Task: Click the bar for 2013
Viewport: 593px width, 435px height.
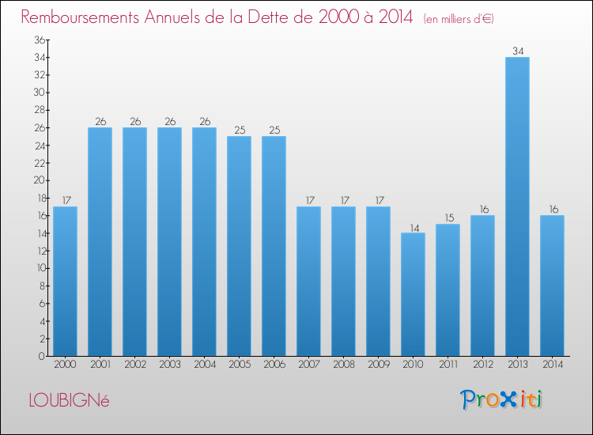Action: click(517, 206)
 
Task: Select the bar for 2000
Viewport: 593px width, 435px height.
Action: click(65, 281)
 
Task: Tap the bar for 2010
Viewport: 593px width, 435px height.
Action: click(413, 294)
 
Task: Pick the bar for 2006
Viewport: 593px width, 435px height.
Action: click(274, 246)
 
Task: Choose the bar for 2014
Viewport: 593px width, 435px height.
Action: click(552, 286)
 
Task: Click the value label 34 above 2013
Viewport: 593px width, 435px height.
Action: click(517, 51)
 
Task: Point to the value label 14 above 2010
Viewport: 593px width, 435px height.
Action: click(413, 227)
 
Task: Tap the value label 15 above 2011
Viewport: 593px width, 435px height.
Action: click(448, 218)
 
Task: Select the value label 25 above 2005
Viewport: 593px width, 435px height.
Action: click(239, 130)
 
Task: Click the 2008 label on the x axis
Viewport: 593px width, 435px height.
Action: click(343, 365)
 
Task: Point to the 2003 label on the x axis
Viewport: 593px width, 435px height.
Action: click(169, 365)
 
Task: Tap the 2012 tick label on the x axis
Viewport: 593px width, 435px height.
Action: click(482, 365)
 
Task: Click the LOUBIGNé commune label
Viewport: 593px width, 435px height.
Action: click(69, 400)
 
